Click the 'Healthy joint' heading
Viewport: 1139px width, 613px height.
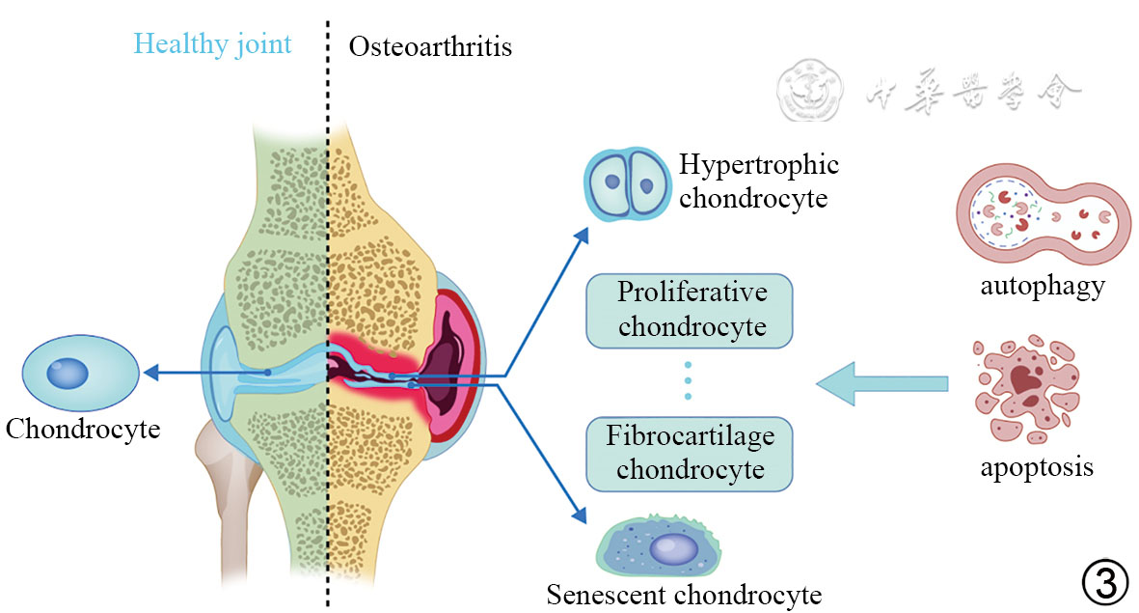click(212, 44)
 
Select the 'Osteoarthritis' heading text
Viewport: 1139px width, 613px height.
click(429, 45)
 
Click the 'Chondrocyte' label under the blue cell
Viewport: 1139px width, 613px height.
click(82, 428)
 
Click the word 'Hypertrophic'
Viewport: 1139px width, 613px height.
click(758, 164)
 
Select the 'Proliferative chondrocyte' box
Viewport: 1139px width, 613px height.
click(690, 310)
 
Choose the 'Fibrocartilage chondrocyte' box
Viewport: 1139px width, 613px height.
click(690, 453)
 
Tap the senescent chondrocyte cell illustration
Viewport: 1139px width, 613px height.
click(660, 548)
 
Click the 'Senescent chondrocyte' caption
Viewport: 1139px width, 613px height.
click(684, 593)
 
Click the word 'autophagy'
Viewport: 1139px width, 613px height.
click(1042, 287)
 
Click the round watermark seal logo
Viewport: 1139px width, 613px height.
click(808, 91)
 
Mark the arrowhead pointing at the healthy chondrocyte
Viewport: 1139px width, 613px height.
click(149, 372)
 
